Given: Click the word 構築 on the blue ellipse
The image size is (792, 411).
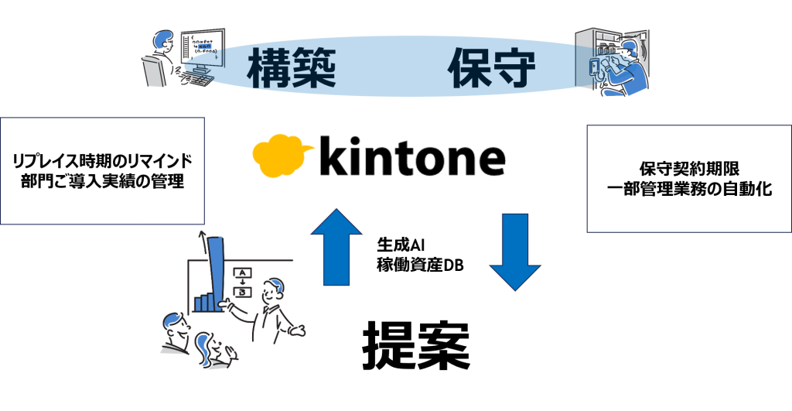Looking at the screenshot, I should (292, 69).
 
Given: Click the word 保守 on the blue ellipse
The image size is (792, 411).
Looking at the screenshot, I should (490, 69).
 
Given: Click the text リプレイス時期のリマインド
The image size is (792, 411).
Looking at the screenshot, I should (103, 162).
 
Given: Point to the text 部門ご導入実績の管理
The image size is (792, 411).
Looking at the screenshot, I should (103, 183).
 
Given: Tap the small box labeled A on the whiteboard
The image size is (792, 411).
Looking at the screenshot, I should (243, 273).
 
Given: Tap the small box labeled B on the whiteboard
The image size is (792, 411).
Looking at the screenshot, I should (243, 292).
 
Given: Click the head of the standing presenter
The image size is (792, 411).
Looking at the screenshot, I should (273, 291).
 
